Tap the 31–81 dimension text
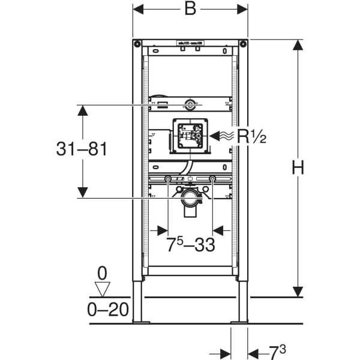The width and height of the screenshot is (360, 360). click(x=82, y=149)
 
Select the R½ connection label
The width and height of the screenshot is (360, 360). click(x=251, y=136)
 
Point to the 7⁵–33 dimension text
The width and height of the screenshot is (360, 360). click(x=190, y=244)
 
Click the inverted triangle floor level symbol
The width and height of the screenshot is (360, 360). click(x=102, y=289)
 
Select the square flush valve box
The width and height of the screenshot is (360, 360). click(x=190, y=136)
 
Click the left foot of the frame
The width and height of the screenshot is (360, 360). click(x=137, y=304)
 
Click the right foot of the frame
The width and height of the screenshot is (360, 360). click(x=242, y=304)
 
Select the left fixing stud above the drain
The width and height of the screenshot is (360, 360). click(x=167, y=179)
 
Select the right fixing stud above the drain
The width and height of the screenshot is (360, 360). click(x=212, y=179)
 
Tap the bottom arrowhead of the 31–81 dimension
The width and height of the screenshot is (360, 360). click(x=83, y=192)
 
